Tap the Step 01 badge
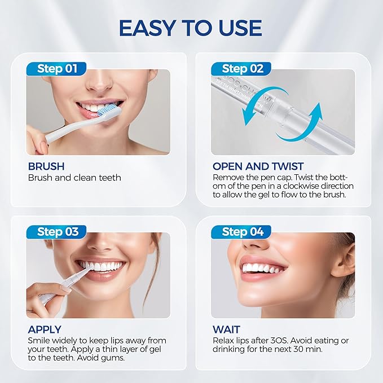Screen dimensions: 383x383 [56, 69]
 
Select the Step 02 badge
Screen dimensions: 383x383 [242, 69]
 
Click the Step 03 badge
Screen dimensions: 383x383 [56, 231]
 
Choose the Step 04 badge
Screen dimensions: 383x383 [242, 231]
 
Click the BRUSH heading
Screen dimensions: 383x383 [46, 166]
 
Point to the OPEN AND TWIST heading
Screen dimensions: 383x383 [258, 166]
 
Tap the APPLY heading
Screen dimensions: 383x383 [45, 329]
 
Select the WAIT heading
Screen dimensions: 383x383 [226, 329]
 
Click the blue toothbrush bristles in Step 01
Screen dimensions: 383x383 [111, 109]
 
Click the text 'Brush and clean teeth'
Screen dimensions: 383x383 [74, 178]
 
